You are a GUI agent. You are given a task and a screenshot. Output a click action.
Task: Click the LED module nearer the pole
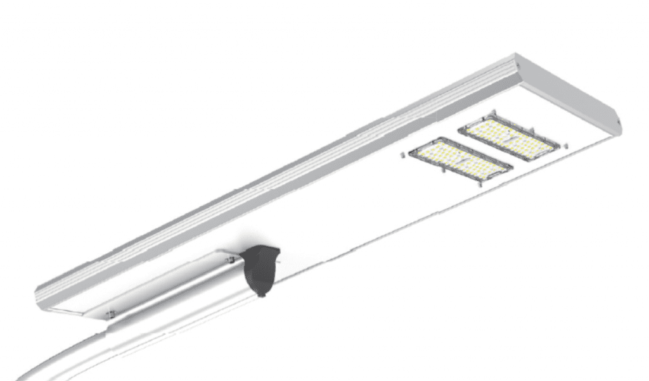[x=461, y=161]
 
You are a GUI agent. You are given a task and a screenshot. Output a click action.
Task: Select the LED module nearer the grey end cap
[x=509, y=137]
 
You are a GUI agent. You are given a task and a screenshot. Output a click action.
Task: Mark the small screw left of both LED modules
[x=402, y=154]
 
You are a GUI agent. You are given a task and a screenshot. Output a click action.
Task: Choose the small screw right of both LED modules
[x=566, y=146]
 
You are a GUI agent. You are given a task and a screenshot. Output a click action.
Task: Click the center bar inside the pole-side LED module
[x=461, y=161]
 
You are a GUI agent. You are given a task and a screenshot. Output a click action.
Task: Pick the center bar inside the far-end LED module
[x=510, y=137]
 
